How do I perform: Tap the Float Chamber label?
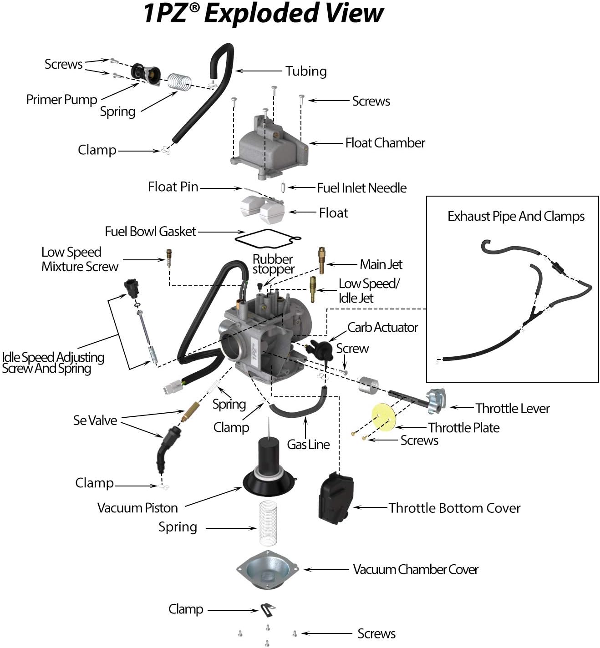click(x=385, y=143)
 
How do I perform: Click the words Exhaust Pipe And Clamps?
click(x=516, y=216)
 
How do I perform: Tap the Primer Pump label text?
click(x=61, y=100)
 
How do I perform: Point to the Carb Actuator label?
click(x=382, y=327)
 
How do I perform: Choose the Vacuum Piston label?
click(x=137, y=508)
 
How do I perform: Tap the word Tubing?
click(x=306, y=71)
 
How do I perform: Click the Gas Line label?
click(x=308, y=445)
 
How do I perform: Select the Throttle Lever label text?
click(x=512, y=408)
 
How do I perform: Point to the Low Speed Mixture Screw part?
click(x=169, y=259)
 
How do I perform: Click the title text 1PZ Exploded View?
click(x=263, y=14)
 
